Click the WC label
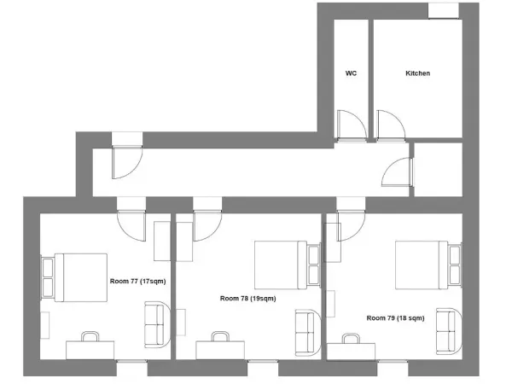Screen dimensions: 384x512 tap(350, 74)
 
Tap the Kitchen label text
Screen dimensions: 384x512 tap(417, 74)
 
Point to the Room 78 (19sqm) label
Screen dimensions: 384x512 tap(247, 298)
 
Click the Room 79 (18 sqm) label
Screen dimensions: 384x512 tap(395, 317)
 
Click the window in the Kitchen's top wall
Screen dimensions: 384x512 tap(443, 9)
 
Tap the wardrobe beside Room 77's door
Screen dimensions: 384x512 tap(162, 241)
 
